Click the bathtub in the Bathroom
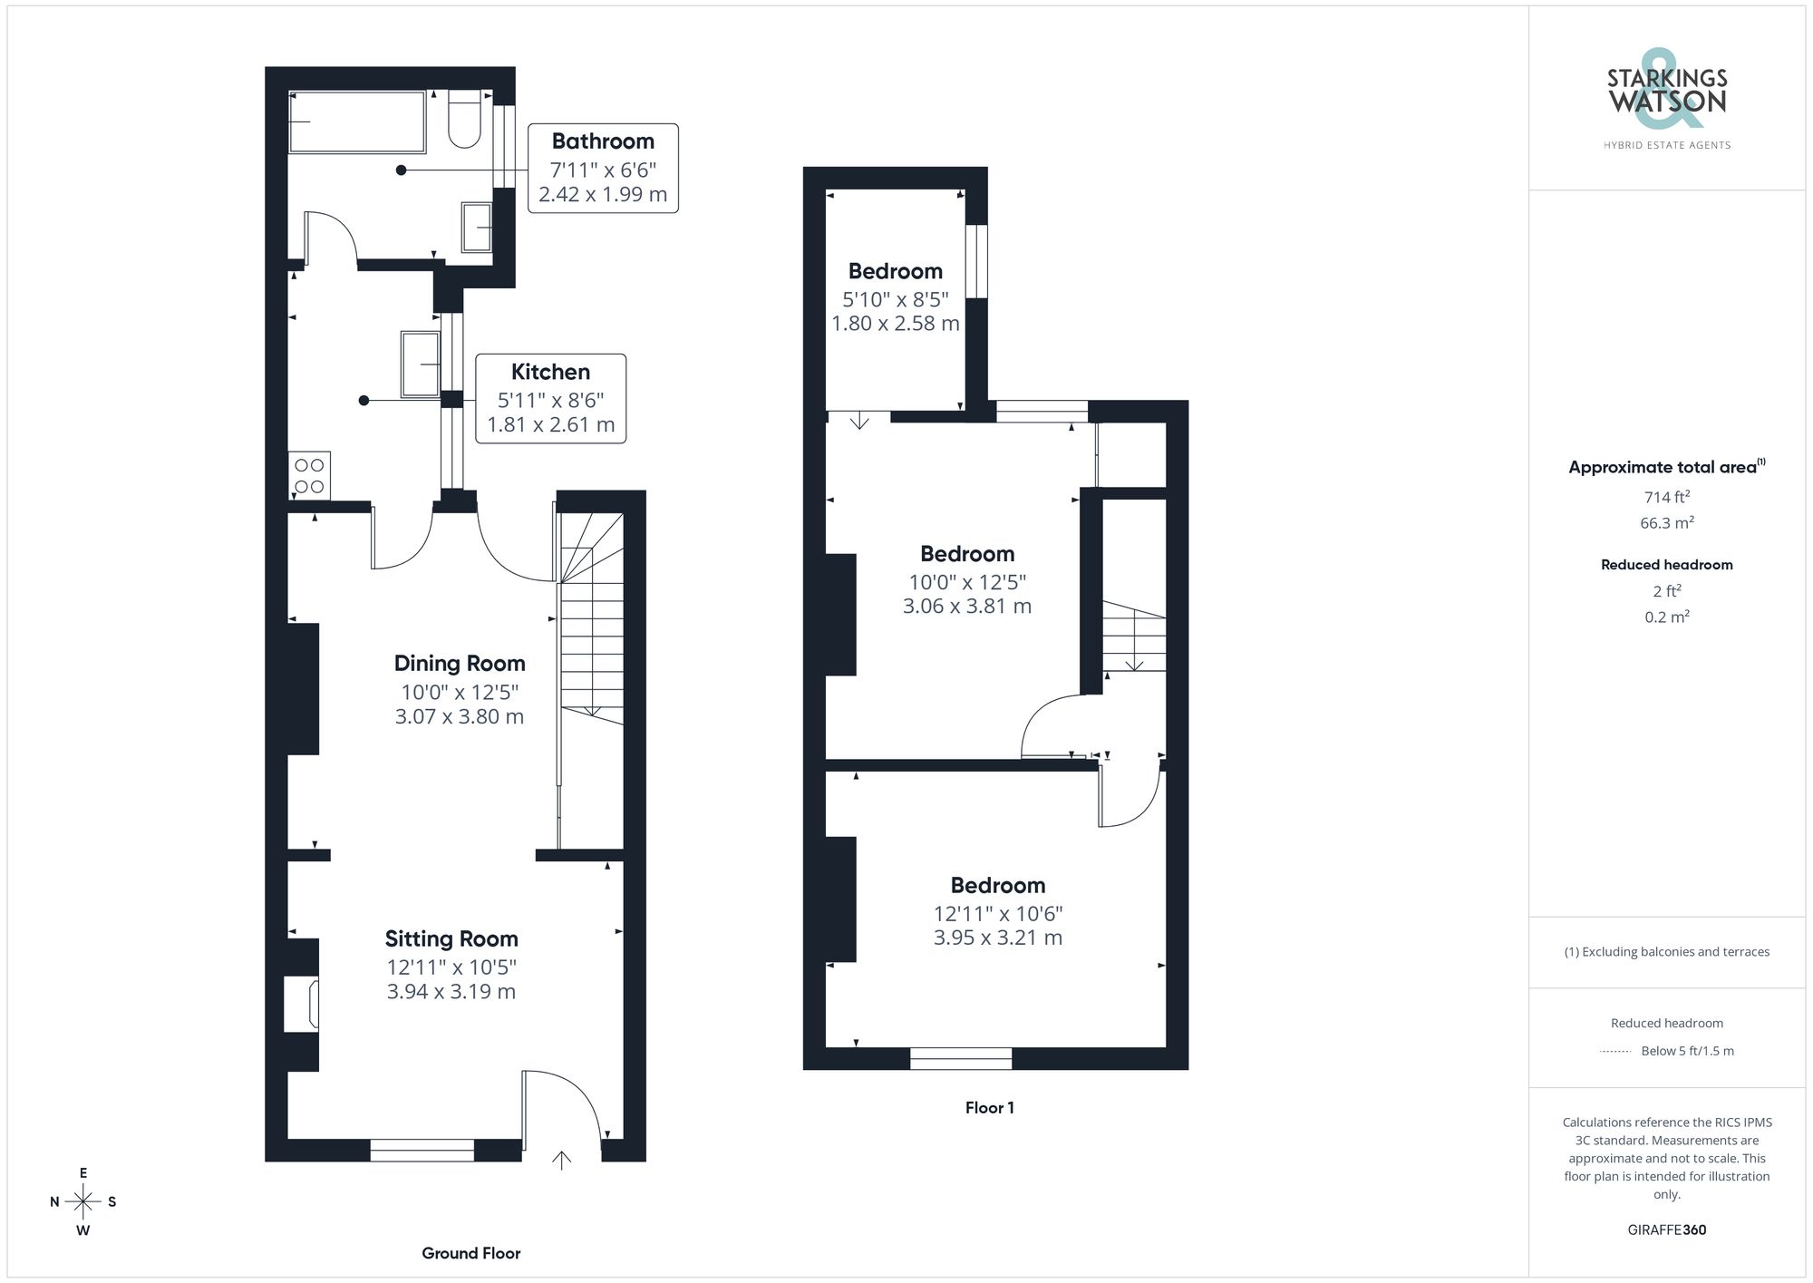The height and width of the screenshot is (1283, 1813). [357, 121]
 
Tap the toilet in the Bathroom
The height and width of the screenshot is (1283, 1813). [465, 120]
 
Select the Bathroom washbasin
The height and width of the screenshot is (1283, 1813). [477, 227]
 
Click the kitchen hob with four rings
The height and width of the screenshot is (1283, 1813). [309, 476]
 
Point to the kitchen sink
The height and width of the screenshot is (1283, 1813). [420, 364]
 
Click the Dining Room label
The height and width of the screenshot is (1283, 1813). [460, 663]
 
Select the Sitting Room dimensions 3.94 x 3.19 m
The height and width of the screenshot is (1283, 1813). [451, 991]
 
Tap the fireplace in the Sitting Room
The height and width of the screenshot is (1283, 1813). [302, 1004]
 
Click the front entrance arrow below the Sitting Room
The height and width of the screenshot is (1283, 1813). [561, 1160]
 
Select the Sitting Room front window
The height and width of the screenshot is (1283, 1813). [422, 1151]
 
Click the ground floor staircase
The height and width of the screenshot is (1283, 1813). [592, 626]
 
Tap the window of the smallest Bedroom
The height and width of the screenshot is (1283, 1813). [976, 261]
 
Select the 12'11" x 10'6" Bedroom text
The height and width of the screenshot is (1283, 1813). [997, 913]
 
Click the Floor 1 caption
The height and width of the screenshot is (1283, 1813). [989, 1107]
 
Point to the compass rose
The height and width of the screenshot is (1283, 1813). [82, 1202]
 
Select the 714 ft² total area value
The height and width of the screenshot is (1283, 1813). [1666, 497]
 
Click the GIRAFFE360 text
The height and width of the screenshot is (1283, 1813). [1666, 1230]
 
